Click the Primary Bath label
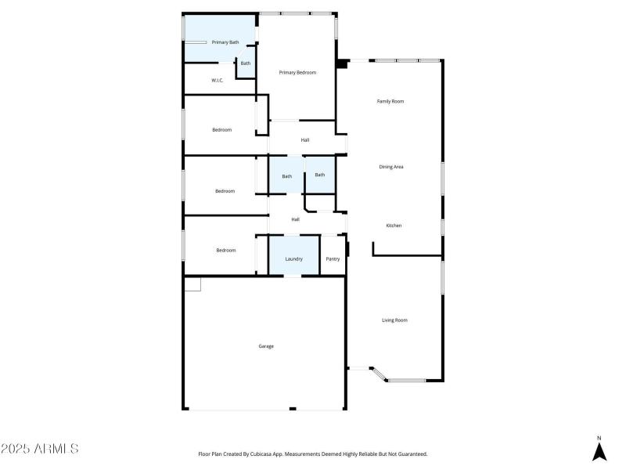point(225,42)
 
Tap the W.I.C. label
point(218,81)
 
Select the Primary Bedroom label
point(297,73)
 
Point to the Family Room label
point(390,102)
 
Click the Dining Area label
point(391,167)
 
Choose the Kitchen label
point(394,226)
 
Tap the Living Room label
point(394,320)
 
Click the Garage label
point(266,346)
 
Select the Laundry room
point(293,258)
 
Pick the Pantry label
point(333,258)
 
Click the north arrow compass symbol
point(599,450)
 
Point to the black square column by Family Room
point(341,64)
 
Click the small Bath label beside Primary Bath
point(246,63)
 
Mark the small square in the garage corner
point(192,284)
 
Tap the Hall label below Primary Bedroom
point(305,140)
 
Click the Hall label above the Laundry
point(295,219)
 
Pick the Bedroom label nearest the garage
point(225,251)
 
